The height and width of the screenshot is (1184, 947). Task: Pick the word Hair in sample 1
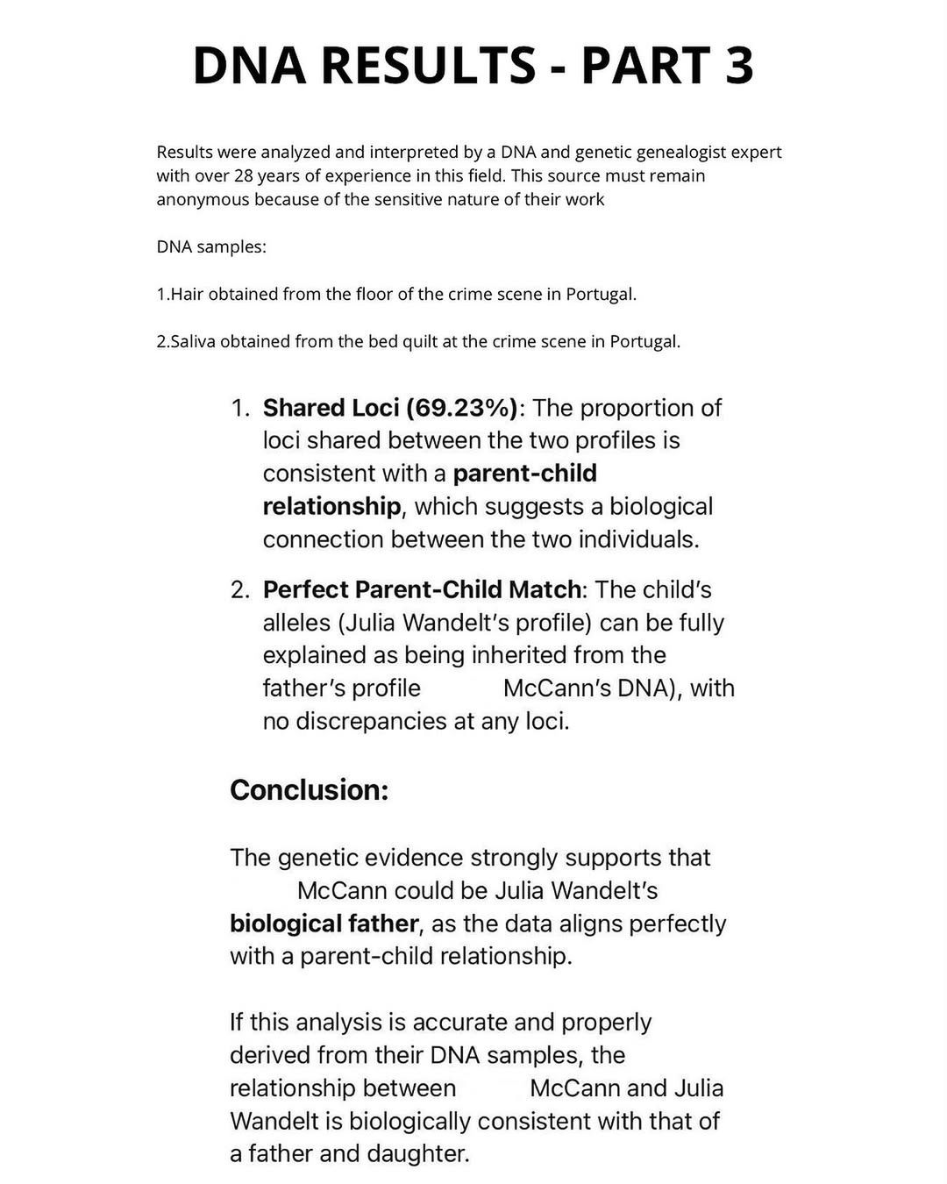[187, 294]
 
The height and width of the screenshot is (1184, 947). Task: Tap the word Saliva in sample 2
[191, 341]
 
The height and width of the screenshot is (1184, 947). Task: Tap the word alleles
[296, 623]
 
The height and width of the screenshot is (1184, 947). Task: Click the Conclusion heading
[309, 790]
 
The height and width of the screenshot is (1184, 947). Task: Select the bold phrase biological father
[324, 924]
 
